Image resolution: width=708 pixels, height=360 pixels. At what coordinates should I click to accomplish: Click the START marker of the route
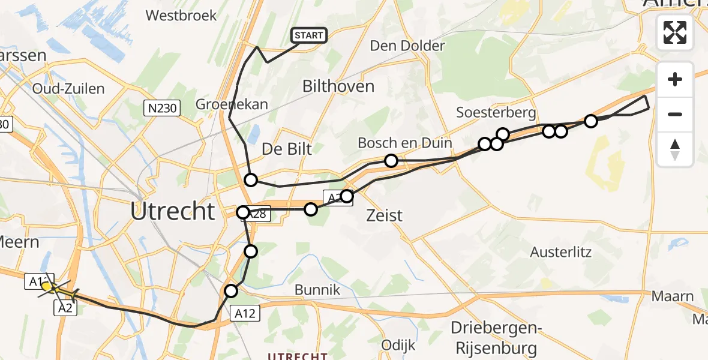coord(309,35)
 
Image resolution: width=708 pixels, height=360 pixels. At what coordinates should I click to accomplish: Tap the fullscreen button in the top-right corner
coord(675,32)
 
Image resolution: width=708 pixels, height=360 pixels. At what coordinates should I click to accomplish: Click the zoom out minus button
coord(675,114)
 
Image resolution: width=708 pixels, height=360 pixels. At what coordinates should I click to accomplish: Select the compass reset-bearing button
coord(675,149)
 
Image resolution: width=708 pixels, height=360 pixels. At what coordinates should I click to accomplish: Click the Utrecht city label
coord(173,212)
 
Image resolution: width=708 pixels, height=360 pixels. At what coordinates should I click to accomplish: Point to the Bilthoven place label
coord(338,86)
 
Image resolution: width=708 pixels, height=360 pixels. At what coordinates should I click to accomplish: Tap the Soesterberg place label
coord(496,112)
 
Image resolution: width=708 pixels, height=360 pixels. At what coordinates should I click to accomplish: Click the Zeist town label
coord(385,215)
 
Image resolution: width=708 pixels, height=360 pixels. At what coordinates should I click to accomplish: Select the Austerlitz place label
coord(560,252)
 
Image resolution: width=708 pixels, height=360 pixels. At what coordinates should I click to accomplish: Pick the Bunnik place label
coord(317,290)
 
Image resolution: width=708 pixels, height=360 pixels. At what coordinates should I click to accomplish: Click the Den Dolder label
coord(407,46)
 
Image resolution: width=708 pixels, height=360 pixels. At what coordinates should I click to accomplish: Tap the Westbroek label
coord(181,16)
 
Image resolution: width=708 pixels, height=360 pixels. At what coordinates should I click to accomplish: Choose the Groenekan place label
coord(232,104)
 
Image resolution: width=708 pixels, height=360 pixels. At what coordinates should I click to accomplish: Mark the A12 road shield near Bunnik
coord(245,313)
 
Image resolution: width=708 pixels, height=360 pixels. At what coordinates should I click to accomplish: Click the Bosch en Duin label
coord(395,143)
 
